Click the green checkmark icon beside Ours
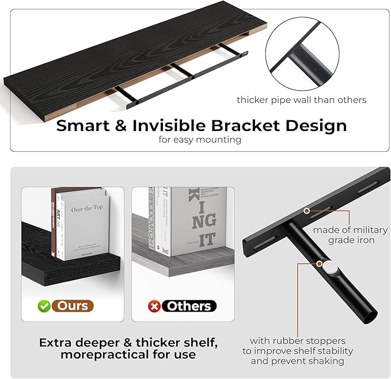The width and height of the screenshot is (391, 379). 44,306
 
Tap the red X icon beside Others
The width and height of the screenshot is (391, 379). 154,306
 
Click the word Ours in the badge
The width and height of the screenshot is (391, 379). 72,306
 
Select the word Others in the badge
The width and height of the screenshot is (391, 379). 188,306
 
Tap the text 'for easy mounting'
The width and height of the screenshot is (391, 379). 200,140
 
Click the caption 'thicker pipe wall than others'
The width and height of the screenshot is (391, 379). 301,99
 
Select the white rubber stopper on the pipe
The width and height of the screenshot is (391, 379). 331,267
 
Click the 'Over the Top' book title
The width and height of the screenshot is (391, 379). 86,209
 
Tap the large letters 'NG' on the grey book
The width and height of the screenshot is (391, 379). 203,220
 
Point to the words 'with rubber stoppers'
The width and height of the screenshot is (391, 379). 298,340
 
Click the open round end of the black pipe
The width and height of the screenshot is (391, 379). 369,314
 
